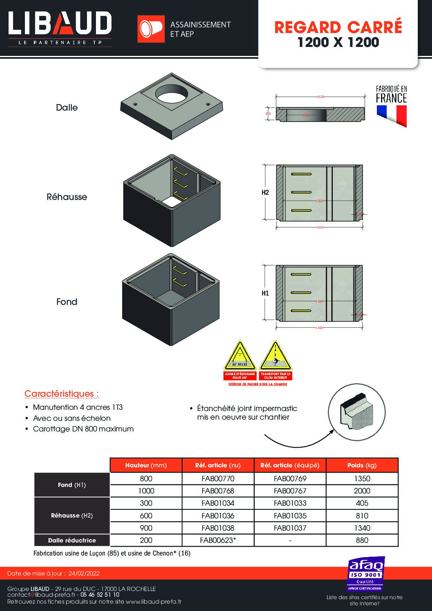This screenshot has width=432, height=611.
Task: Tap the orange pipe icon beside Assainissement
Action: click(151, 29)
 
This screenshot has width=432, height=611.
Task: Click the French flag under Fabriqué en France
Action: click(392, 115)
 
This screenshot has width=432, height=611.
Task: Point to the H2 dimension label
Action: click(265, 192)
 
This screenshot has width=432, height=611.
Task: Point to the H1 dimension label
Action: click(265, 293)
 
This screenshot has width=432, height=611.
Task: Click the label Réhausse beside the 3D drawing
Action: click(67, 197)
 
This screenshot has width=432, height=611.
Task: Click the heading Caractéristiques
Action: click(61, 394)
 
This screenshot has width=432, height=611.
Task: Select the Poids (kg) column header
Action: click(362, 465)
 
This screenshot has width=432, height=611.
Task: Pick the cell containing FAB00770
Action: click(218, 478)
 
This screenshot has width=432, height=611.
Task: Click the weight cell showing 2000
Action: click(362, 491)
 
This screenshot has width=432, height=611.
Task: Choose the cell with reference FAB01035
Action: click(290, 515)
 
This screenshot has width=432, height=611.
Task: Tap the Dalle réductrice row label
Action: click(72, 540)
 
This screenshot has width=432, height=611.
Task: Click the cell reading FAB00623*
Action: click(218, 540)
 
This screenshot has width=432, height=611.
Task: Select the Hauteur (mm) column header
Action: click(146, 465)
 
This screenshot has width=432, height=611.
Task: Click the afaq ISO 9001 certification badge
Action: click(365, 573)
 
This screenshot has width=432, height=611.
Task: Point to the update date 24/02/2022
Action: click(84, 573)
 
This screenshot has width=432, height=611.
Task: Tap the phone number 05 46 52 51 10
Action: click(100, 595)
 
